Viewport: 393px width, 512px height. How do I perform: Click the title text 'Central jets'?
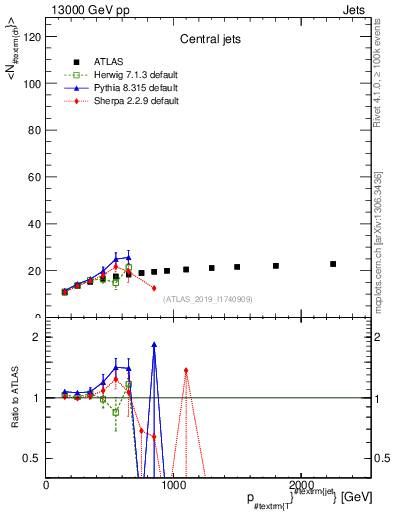coord(208,41)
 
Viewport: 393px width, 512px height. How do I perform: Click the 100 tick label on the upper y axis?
coord(32,84)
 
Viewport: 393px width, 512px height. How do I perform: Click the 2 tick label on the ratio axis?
coord(39,337)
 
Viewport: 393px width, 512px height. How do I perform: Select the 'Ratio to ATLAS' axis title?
coord(13,398)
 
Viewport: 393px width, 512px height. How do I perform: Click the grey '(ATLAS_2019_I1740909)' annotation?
coord(206,299)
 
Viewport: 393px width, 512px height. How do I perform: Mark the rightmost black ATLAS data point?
coord(333,264)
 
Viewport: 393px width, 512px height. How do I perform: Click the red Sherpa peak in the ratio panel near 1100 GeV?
coord(186,370)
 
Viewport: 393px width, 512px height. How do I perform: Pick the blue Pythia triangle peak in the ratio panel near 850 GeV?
coord(154,344)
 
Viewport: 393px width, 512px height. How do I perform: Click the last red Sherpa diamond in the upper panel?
coord(154,288)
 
